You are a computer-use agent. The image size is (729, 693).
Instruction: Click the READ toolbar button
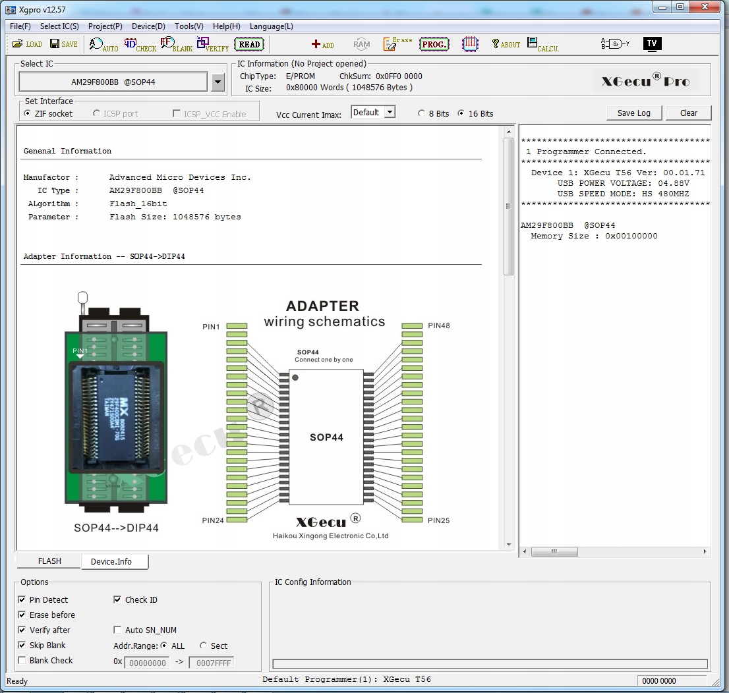(249, 44)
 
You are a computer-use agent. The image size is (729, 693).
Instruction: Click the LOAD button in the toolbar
(27, 44)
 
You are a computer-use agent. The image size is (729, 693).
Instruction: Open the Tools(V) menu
(189, 26)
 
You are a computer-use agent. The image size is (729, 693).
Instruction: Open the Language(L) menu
(271, 26)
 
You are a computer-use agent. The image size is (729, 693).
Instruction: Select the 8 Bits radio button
(422, 113)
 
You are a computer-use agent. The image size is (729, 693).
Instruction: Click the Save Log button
(633, 113)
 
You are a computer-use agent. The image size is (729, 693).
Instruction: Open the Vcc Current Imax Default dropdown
(390, 113)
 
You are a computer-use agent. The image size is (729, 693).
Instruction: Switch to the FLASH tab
(49, 561)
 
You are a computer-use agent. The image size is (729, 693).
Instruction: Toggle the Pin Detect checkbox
(22, 600)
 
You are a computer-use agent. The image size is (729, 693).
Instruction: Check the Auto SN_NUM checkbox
(118, 630)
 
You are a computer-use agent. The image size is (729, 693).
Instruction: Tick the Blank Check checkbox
(22, 661)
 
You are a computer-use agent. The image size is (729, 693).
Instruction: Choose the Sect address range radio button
(204, 646)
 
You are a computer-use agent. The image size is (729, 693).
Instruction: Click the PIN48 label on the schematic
(438, 325)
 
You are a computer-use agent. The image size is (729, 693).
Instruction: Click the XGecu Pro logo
(645, 81)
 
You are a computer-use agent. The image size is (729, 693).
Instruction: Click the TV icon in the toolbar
(651, 43)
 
